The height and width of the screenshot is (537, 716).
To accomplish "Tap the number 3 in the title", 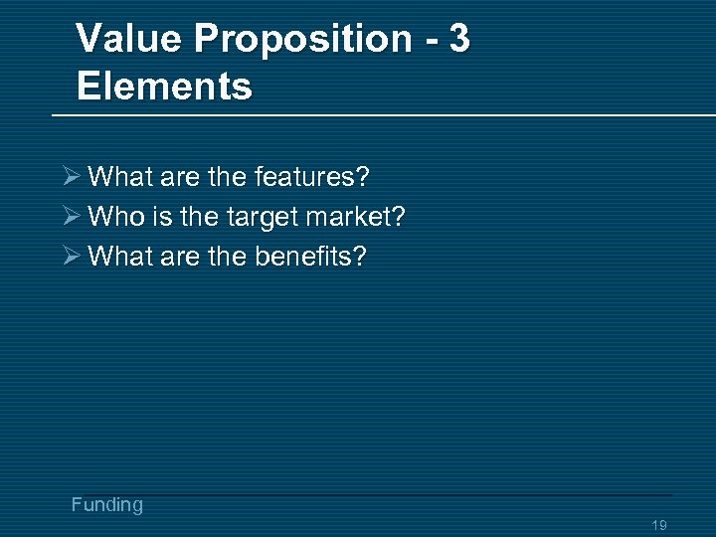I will click(x=458, y=39).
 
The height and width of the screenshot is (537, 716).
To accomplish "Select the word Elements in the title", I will click(x=164, y=86).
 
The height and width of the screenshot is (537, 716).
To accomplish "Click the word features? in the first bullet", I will click(x=312, y=177).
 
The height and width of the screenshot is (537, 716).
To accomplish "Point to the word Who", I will click(x=113, y=216).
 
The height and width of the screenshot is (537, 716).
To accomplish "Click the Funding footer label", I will click(x=107, y=505).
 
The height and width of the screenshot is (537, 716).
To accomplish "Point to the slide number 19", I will click(x=658, y=525).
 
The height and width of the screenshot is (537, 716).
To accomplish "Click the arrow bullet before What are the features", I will click(x=69, y=177).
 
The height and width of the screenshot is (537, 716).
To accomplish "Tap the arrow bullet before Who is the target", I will click(x=69, y=216).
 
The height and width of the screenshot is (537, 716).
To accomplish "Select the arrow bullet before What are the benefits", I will click(x=69, y=257).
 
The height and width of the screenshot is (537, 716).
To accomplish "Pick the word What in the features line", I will click(x=118, y=177).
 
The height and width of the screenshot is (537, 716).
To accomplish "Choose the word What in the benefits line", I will click(x=118, y=257).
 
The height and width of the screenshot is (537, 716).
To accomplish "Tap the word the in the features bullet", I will click(x=228, y=177).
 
